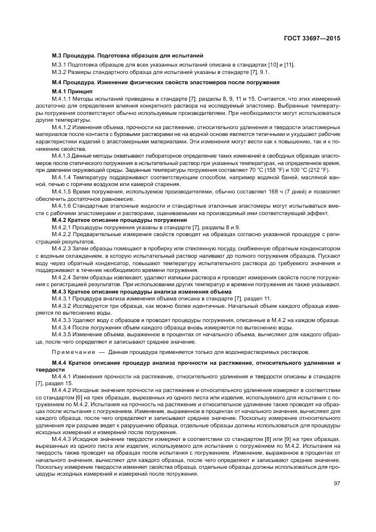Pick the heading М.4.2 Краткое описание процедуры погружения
119,219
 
